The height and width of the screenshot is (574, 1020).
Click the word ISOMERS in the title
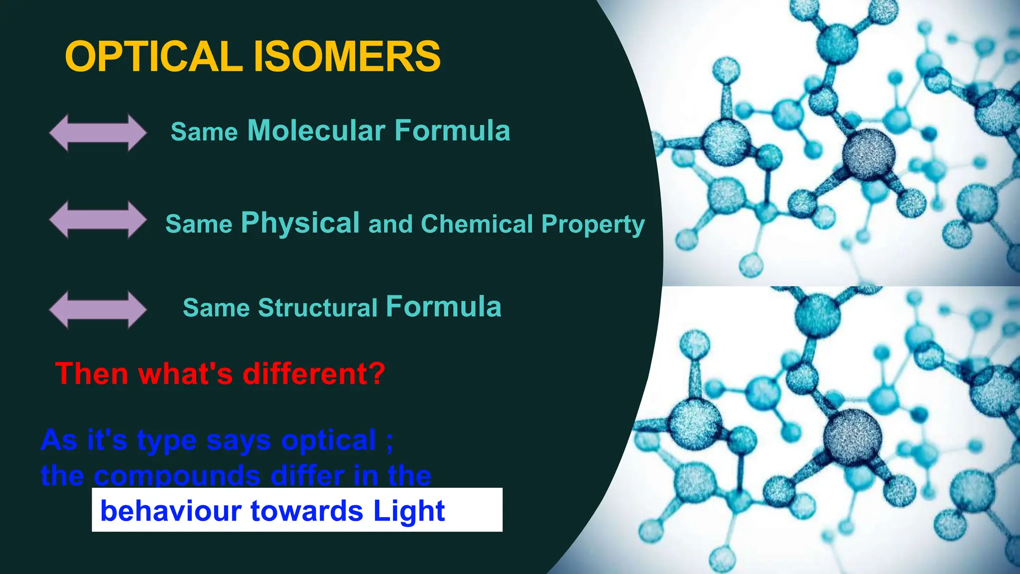(347, 56)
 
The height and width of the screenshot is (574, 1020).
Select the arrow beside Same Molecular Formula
(98, 133)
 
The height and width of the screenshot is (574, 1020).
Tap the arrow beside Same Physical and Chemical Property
(98, 220)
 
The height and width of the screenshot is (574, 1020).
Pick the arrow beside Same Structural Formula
(98, 309)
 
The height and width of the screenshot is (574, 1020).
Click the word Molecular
(316, 131)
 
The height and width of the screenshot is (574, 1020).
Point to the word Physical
(300, 223)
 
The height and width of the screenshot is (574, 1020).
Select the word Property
(593, 225)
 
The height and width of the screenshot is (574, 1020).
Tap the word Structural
(318, 307)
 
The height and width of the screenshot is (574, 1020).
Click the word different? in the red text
(314, 373)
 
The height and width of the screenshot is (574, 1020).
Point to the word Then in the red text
(92, 373)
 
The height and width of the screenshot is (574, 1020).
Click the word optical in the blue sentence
(328, 440)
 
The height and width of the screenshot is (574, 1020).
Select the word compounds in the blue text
(177, 475)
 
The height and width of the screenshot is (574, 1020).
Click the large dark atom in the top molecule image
(868, 154)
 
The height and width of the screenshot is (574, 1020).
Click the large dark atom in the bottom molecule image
(852, 437)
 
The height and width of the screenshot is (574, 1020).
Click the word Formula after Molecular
(452, 131)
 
